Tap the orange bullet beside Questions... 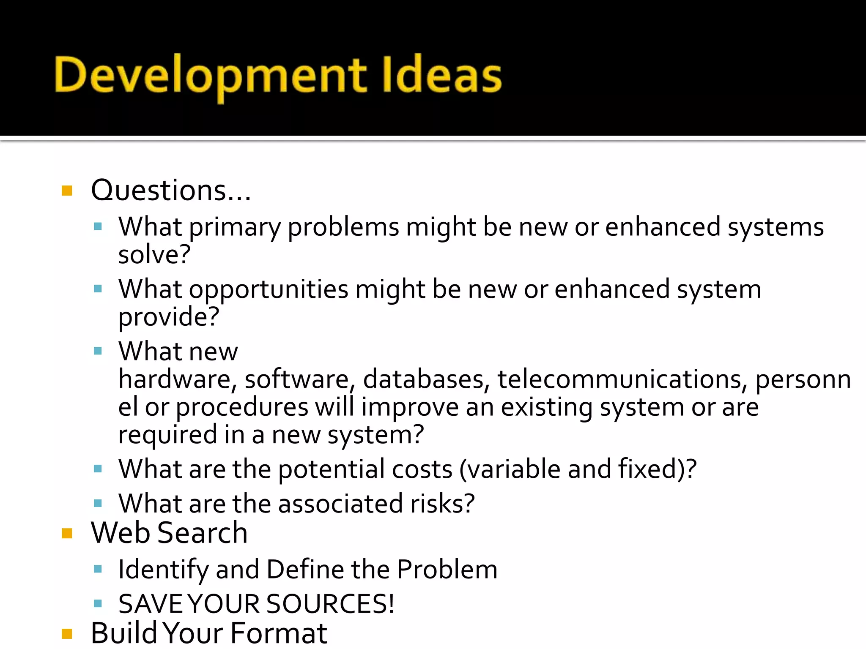click(x=67, y=191)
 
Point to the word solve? click(x=154, y=255)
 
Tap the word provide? click(x=169, y=317)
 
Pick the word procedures click(x=242, y=408)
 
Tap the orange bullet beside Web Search click(x=67, y=533)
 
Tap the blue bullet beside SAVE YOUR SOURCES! click(x=98, y=603)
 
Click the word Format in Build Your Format click(x=279, y=634)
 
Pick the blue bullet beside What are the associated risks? click(x=98, y=503)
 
